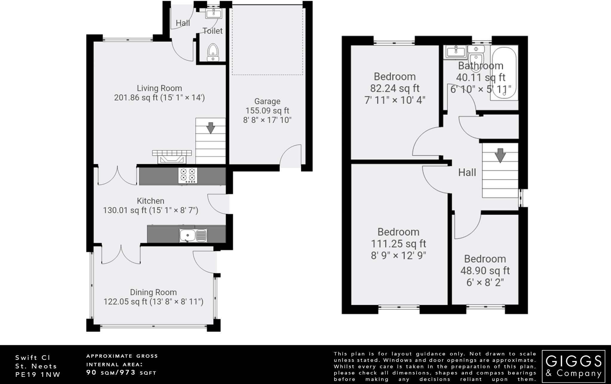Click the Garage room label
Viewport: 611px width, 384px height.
coord(267,101)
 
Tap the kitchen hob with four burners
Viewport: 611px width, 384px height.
coord(188,176)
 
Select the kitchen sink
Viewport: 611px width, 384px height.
coord(193,236)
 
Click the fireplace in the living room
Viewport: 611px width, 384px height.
coord(172,157)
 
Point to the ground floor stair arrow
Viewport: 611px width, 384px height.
coord(211,128)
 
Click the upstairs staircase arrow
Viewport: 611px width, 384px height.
coord(500,155)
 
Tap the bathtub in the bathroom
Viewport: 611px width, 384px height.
coord(504,73)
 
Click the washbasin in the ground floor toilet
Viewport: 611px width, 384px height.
coord(214,13)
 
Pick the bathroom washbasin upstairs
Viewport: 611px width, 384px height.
coord(456,52)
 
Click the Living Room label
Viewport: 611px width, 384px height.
coord(159,88)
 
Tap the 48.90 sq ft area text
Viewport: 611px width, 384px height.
coord(485,271)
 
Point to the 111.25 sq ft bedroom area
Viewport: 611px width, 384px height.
coord(399,244)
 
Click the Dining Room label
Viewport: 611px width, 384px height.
coord(153,292)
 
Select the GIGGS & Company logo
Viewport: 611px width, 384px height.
coord(573,367)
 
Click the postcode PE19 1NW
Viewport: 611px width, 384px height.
coord(38,374)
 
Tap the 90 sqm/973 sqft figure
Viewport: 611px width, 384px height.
coord(121,372)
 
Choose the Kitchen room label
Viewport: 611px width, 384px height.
coord(150,201)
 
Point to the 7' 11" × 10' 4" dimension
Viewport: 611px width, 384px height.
coord(395,100)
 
